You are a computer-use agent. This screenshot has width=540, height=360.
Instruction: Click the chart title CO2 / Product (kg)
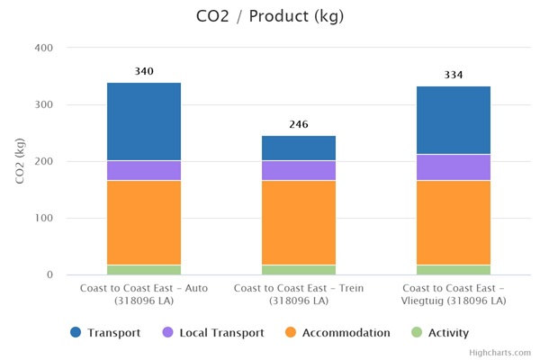coord(269,16)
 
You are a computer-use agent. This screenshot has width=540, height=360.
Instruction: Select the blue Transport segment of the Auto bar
coord(143,121)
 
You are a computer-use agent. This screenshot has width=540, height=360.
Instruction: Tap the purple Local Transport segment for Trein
coord(299,171)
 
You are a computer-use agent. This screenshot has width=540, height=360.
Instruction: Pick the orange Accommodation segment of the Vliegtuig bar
coord(454,222)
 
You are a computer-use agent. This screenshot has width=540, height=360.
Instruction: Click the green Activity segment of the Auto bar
coord(143,269)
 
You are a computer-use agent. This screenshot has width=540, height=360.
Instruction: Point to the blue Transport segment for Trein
coord(299,148)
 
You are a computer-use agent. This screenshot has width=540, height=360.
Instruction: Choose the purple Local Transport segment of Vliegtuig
coord(454,167)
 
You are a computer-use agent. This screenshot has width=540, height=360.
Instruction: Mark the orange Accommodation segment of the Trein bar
coord(299,222)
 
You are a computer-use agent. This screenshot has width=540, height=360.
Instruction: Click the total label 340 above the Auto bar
coord(143,71)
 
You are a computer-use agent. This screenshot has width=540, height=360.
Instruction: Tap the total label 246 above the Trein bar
coord(299,124)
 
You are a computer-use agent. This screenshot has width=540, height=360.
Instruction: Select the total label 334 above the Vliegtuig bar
coord(454,75)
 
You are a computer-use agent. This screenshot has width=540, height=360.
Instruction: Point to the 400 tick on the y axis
coord(43,48)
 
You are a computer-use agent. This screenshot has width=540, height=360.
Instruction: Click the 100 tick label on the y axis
coord(43,218)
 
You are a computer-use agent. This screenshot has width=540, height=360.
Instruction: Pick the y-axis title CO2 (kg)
coord(21,161)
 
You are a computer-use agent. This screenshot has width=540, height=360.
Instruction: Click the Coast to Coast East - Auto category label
coord(143,293)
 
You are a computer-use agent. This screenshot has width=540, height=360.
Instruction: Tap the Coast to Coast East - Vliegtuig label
coord(454,293)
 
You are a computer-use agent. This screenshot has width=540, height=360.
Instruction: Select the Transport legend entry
coord(106,333)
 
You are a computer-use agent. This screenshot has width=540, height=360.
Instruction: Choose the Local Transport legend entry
coord(212,333)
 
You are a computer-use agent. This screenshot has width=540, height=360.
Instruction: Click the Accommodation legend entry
coord(337,333)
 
